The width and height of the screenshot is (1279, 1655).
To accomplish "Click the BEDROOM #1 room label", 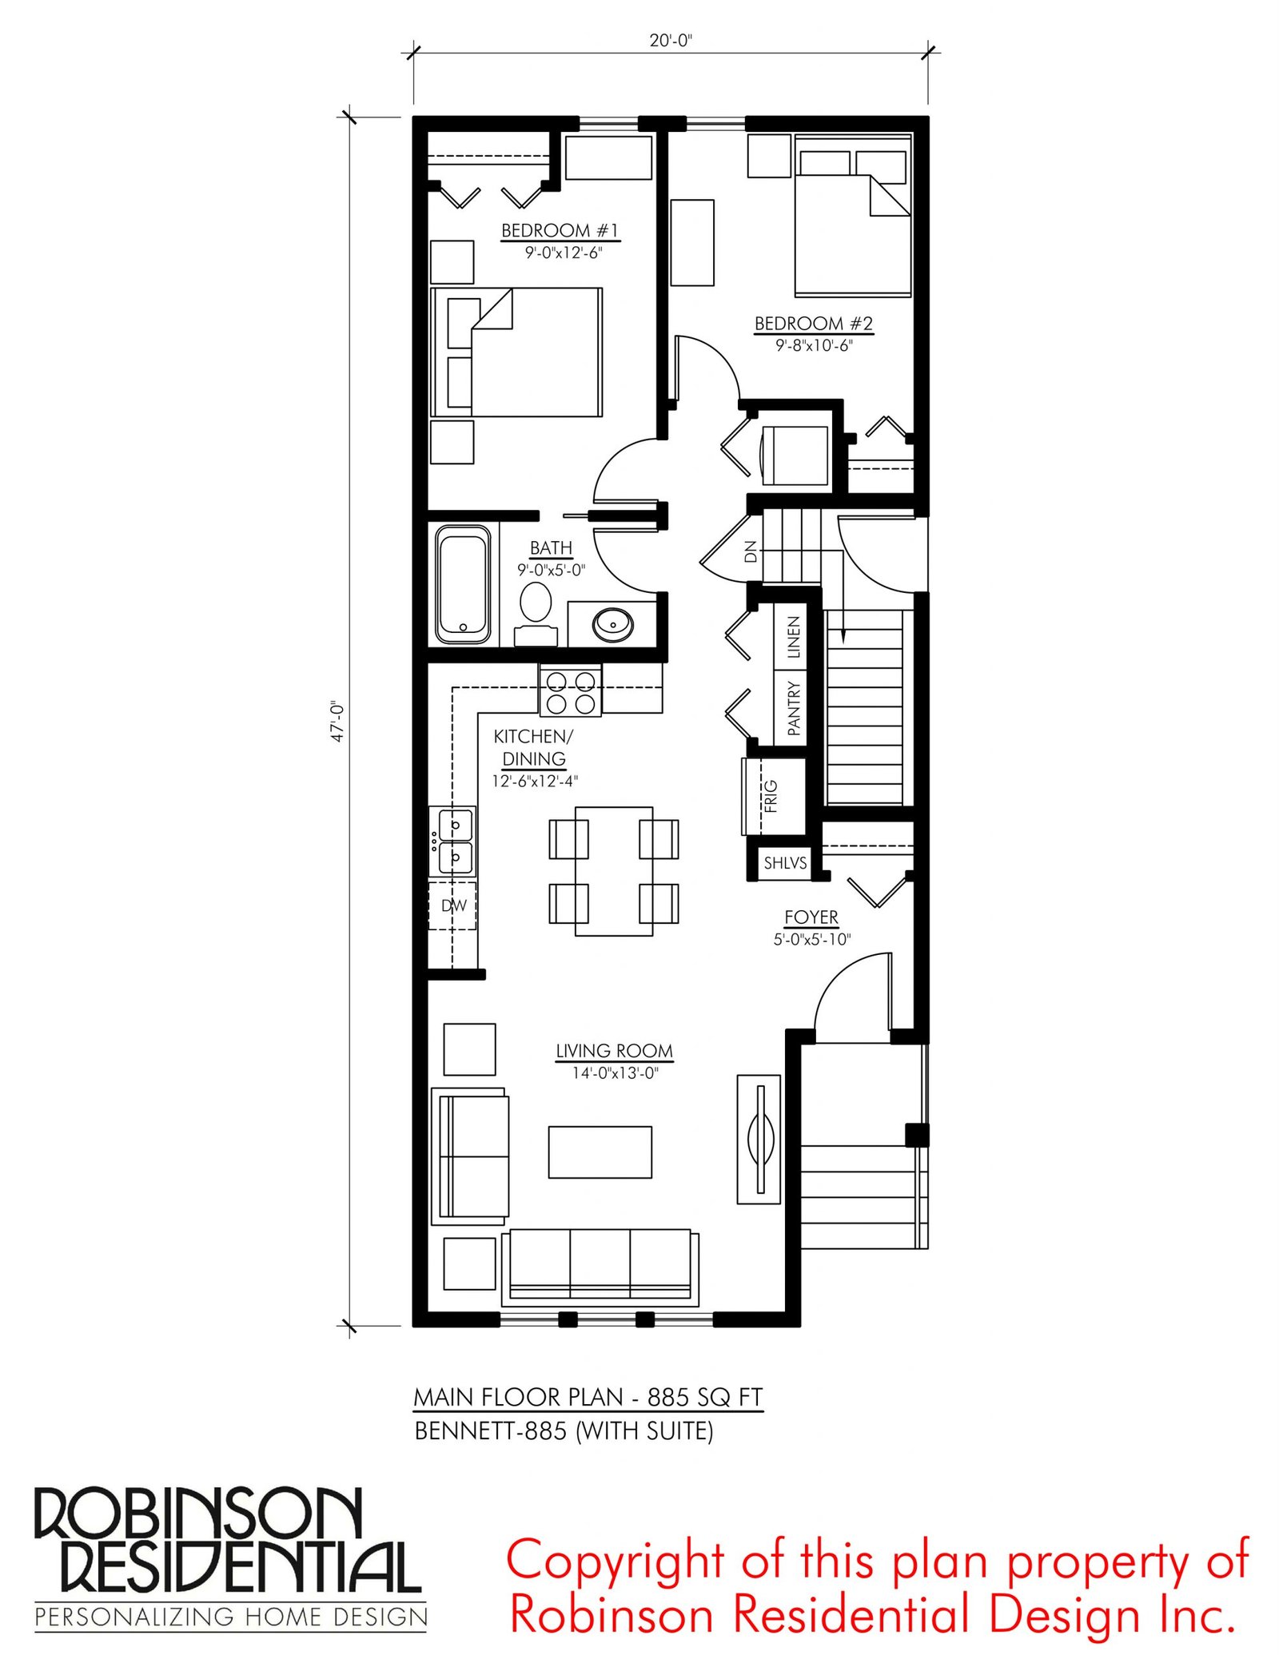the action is (560, 230).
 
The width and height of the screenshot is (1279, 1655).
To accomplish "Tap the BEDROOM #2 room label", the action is (814, 324).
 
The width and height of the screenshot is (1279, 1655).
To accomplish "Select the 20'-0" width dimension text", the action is (671, 40).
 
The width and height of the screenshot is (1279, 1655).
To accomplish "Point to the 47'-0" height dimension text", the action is (338, 722).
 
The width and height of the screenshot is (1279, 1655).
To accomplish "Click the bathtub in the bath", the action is (463, 585).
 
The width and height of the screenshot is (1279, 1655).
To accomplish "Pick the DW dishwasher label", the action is (454, 905).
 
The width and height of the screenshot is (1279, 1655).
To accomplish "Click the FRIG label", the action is (771, 797).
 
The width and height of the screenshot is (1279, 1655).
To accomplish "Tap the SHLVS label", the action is (785, 863).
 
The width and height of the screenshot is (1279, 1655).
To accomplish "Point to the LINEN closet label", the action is (793, 637).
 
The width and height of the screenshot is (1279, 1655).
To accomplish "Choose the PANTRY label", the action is (793, 708).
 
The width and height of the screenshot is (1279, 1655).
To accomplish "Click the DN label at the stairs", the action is (750, 551).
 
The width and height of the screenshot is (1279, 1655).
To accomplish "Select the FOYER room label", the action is (811, 917).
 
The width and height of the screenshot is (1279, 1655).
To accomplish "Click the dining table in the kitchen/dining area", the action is (614, 871).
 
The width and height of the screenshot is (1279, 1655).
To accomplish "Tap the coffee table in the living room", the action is (600, 1152).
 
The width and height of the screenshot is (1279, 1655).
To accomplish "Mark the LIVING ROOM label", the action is (615, 1051).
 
